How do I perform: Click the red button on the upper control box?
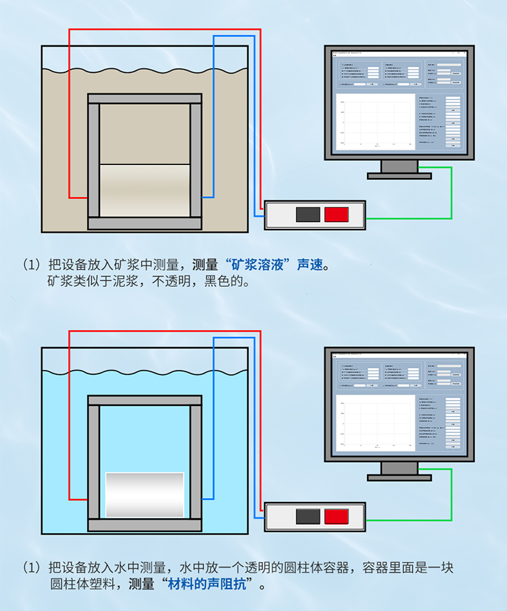tap(336, 214)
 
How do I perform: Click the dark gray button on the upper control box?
tap(308, 214)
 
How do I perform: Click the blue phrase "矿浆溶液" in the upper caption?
tap(261, 265)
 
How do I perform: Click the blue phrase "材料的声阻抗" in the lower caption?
tap(211, 583)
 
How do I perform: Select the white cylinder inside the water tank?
tap(145, 495)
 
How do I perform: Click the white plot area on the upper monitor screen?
tap(375, 122)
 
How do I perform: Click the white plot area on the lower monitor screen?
tap(375, 423)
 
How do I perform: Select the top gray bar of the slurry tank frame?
tap(145, 99)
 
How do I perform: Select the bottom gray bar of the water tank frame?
tap(145, 524)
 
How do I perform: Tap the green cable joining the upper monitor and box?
tap(451, 196)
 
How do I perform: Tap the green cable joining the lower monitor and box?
tap(451, 497)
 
